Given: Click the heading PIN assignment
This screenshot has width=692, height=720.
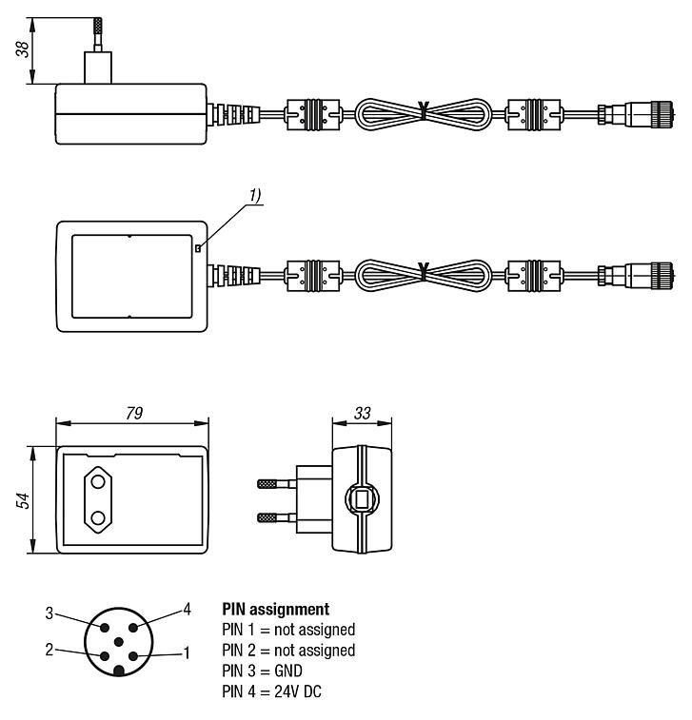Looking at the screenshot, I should point(275,608).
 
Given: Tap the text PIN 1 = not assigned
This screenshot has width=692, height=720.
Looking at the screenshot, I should point(288,630).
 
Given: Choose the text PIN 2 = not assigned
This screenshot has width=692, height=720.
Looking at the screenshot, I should point(288,651).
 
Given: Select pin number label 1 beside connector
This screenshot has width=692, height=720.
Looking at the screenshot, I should point(187,653).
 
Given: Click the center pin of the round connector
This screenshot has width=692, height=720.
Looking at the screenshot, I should point(117,642).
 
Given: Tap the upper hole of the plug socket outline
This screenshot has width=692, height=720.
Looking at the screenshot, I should point(98,482).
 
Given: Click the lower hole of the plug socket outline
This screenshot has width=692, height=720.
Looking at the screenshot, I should point(98,519).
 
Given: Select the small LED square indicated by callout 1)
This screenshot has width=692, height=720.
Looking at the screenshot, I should point(198,248).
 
